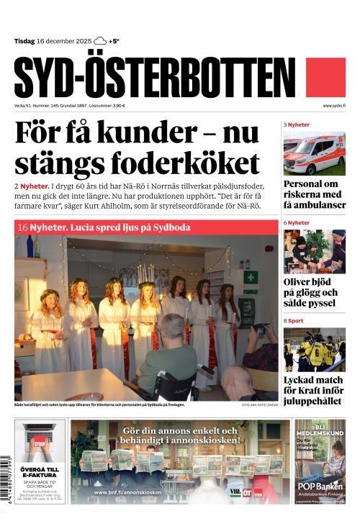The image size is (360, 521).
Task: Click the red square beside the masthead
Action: click(326, 78)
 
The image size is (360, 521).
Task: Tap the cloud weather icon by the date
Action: click(100, 41)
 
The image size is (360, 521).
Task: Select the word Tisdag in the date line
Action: click(25, 41)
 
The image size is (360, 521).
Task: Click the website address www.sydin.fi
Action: click(334, 106)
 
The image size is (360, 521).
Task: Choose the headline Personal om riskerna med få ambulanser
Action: click(314, 194)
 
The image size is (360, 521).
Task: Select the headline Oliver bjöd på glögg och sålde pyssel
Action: click(311, 292)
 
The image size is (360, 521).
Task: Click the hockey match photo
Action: click(314, 349)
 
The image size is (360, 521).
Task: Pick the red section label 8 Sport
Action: click(294, 320)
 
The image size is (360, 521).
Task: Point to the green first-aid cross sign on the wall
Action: click(250, 277)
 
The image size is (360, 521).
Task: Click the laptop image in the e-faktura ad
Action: click(40, 442)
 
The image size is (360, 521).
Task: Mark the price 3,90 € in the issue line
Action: click(116, 106)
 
